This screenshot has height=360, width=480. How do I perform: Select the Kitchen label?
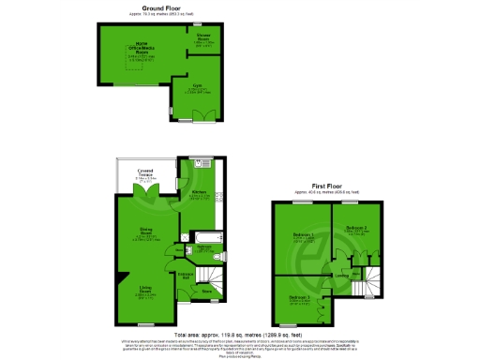tap(199, 193)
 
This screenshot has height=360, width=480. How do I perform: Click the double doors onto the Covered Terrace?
tap(145, 191)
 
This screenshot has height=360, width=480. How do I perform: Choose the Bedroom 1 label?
tap(302, 236)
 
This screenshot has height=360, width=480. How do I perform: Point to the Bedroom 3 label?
tap(300, 299)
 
